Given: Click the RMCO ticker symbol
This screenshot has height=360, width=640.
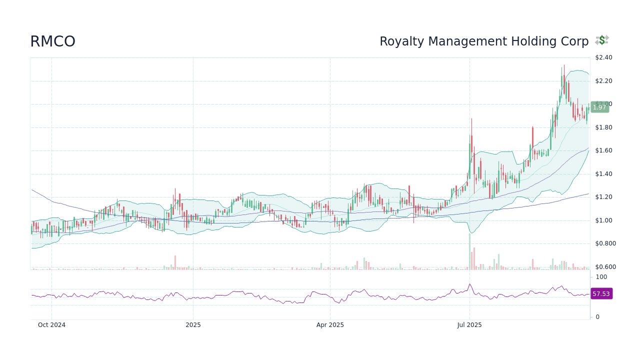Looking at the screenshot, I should pos(52,41).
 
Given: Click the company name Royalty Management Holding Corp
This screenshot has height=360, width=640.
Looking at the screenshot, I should pos(483,41).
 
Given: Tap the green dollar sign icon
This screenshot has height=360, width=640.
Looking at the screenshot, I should pos(602,40).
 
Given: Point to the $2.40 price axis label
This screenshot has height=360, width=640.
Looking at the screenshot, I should pos(603,57).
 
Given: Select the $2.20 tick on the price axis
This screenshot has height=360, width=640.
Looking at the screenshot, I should pos(603,81).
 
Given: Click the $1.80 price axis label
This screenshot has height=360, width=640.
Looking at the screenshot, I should pos(603,127).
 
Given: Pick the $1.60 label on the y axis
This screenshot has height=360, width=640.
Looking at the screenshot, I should pos(603,150).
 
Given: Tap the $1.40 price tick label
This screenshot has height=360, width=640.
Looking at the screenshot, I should pos(603,174).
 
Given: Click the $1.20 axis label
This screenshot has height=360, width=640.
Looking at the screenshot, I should pos(603,197).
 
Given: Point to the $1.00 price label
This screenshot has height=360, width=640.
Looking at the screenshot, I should pos(603,220).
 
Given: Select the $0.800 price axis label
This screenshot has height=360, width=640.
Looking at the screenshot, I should pos(605,243).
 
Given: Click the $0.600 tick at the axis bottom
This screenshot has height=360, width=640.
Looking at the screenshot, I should pos(605,267).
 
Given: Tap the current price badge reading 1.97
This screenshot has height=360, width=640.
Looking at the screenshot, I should pos(599,107).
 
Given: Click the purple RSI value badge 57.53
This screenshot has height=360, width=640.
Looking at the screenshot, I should pos(601,294).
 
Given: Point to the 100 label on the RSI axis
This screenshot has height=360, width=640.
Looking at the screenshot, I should pos(601,277).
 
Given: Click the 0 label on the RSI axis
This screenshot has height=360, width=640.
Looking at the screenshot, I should pos(597,317).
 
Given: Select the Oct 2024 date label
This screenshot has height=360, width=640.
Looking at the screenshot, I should pos(51,325).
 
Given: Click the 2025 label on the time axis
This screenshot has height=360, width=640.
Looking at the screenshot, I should pos(193,325).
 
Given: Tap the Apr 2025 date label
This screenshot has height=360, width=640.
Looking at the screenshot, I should pos(330,325).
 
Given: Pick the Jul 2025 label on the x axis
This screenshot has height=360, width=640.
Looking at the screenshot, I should pos(469,325).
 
